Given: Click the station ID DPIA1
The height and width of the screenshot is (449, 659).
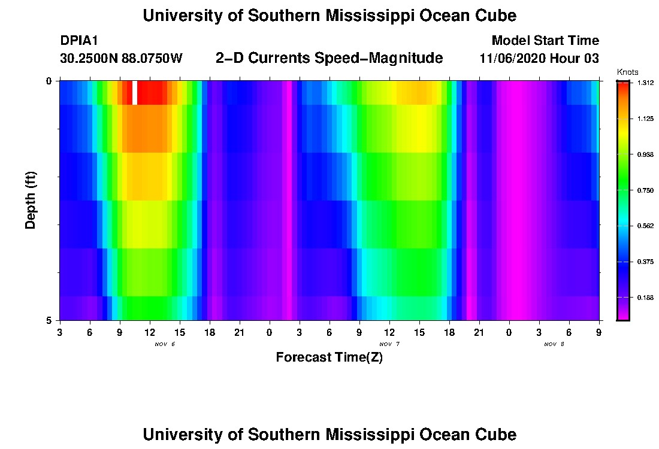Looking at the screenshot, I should coord(79,41).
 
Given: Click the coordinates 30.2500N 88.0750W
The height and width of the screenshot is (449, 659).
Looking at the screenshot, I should coord(122,59).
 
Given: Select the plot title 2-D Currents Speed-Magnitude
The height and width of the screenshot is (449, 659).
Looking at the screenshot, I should coord(329,58).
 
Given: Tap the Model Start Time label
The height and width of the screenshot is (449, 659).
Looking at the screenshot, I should coord(545,41).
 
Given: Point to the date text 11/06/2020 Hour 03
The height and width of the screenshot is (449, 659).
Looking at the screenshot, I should coord(539,59).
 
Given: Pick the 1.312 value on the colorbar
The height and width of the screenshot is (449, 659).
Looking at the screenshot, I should coord(645,83).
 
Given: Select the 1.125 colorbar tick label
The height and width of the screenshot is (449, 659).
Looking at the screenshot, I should coord(645,119).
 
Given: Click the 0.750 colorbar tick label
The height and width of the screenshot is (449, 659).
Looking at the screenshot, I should coord(645,190).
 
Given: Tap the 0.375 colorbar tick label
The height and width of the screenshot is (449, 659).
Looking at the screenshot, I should coord(645,262).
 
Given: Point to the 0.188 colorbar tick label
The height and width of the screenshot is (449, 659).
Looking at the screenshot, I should coord(645,298).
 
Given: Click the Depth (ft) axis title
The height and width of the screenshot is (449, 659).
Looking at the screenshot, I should coord(31,201).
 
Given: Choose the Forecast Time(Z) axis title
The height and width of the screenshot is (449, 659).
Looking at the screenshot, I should coord(329,357).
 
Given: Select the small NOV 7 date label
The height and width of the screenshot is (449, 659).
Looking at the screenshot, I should coord(389,344).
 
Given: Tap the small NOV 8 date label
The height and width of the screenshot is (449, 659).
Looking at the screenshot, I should coord(554,344).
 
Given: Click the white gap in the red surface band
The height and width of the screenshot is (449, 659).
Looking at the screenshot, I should coord(135,93).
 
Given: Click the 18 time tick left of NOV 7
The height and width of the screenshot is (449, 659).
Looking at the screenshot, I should coord(209,332).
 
